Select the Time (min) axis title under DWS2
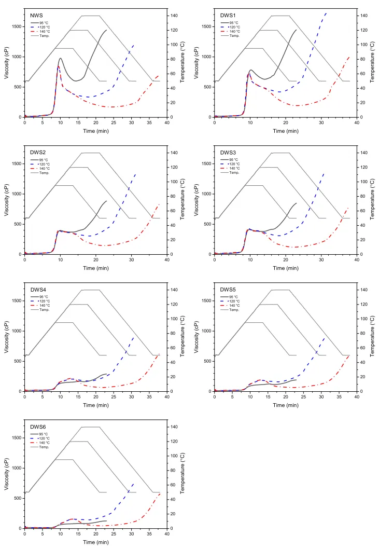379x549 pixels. click(96, 268)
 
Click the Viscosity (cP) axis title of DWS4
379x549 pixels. click(6, 337)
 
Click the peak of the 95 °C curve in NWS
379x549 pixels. click(61, 58)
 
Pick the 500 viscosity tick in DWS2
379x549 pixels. click(17, 224)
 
